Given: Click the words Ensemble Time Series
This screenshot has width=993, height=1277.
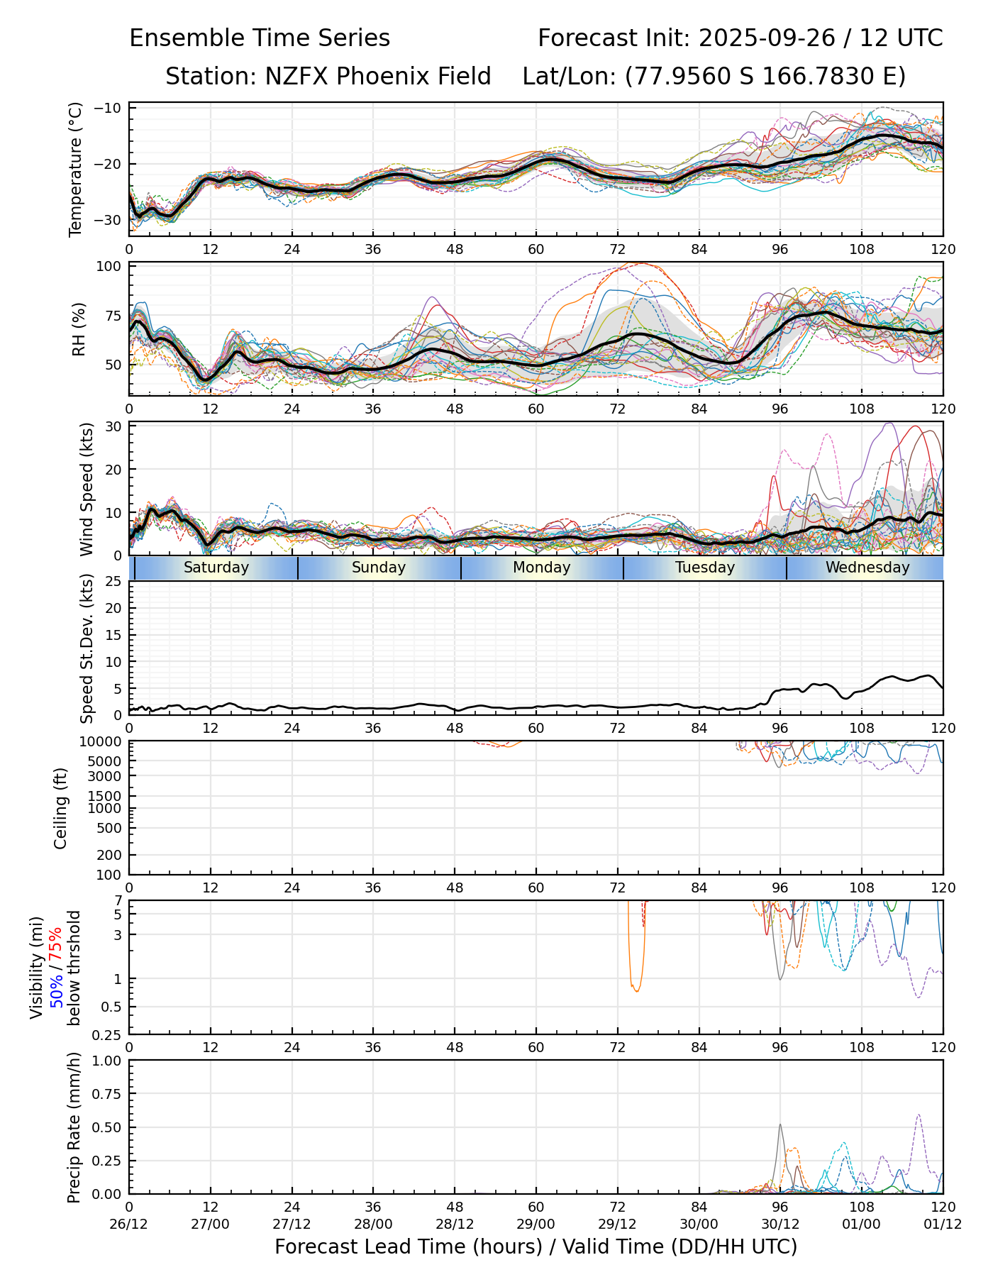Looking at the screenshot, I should coord(260,38).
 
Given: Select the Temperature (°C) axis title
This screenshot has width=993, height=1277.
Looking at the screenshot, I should coord(76,169).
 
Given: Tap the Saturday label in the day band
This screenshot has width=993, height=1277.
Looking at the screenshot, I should coord(216,568).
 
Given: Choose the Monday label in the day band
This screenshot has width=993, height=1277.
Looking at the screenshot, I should coord(542,568).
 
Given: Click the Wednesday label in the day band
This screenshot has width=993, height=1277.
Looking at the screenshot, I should coord(867,568).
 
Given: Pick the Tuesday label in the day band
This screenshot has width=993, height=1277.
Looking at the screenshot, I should coord(705,568).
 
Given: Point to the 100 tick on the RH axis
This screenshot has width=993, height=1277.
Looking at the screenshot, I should coord(110,267).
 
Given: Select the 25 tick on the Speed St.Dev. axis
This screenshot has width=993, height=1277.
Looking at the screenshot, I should coord(114,581).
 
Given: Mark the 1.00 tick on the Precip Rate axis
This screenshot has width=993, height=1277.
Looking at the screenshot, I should coord(108,1061).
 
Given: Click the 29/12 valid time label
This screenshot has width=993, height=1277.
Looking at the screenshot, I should coord(617,1224).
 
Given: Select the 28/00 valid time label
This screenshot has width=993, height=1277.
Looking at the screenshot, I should coord(373,1224).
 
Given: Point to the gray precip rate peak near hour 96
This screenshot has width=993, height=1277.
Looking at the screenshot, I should coord(780,1125).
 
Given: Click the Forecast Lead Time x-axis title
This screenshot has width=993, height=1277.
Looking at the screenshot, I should coord(536,1246).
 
